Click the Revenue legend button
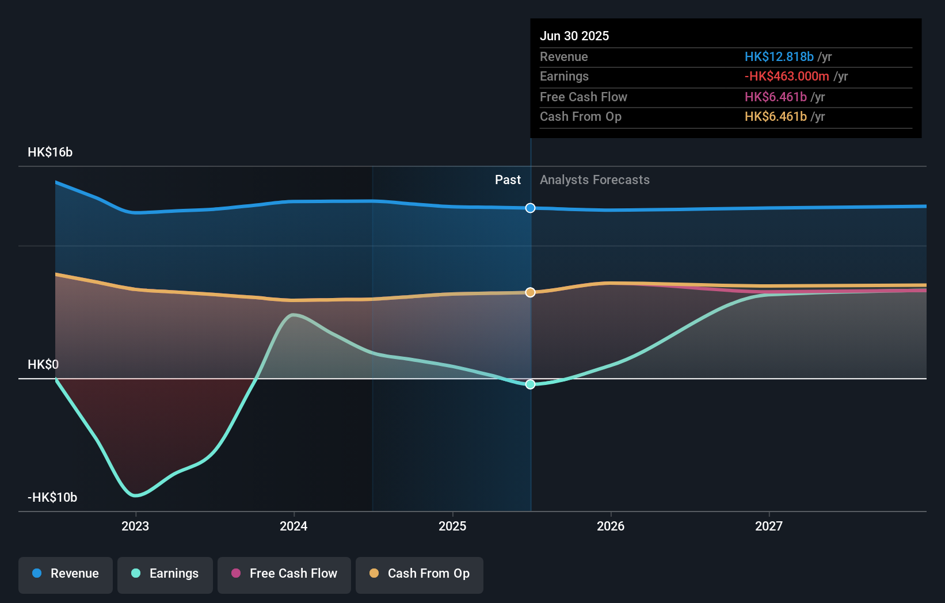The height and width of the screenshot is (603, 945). click(66, 574)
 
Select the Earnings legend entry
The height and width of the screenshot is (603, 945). click(165, 574)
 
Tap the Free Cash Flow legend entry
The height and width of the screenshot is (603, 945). click(284, 574)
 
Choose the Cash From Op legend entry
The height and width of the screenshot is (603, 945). click(420, 574)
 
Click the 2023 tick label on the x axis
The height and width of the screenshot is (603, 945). click(135, 526)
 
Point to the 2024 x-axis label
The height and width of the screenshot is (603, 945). click(294, 526)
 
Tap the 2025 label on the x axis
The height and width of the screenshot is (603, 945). click(452, 526)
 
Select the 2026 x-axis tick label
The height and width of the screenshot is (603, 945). click(611, 526)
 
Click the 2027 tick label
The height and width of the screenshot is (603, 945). click(769, 526)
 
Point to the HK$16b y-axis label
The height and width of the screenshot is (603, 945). click(50, 152)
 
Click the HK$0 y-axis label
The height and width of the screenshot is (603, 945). click(43, 365)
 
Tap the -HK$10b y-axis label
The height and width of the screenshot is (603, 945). click(52, 498)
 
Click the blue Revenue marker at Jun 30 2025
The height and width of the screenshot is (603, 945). click(531, 208)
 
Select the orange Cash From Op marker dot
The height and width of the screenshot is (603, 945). click(531, 292)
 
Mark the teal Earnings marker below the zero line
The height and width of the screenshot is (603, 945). click(531, 384)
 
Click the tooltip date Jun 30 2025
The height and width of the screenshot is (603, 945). click(574, 36)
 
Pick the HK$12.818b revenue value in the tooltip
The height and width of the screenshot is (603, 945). click(779, 56)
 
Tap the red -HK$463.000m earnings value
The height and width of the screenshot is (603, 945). click(787, 77)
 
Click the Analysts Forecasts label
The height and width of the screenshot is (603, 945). click(595, 180)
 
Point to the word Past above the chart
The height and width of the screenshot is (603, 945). click(508, 180)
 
